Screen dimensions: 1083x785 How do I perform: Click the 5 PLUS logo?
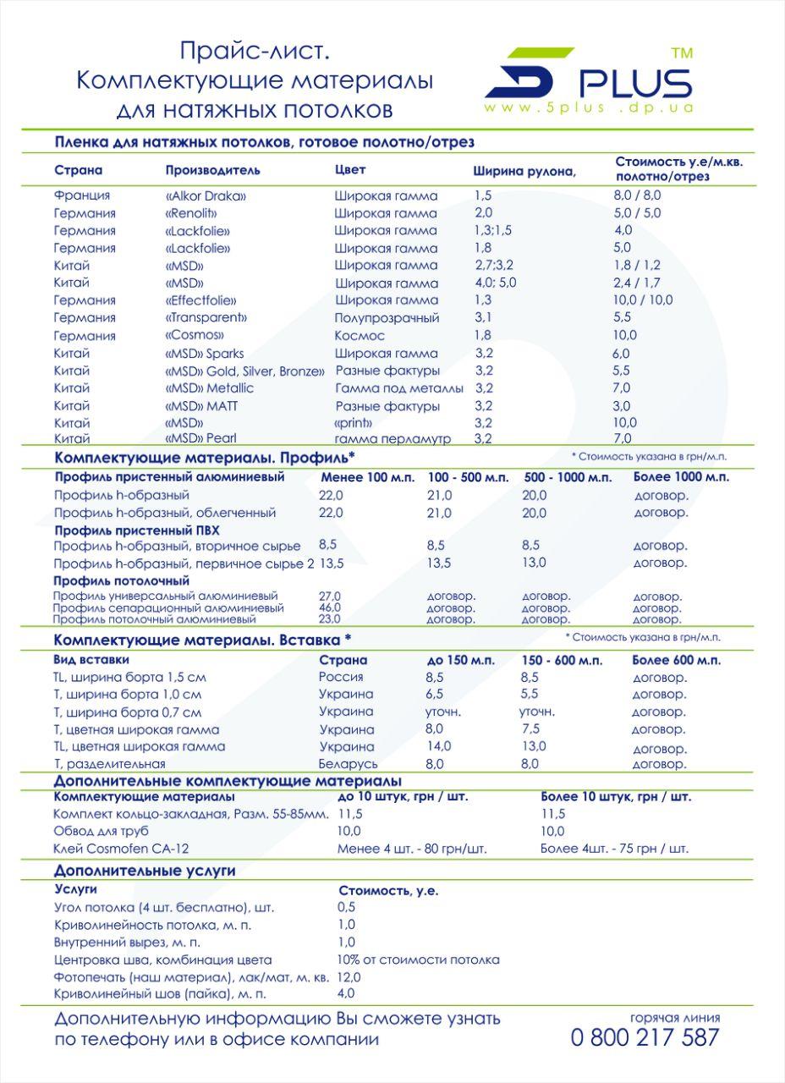(x=588, y=76)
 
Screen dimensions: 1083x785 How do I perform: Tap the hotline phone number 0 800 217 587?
(x=645, y=1038)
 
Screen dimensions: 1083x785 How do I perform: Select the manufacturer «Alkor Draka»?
(x=206, y=195)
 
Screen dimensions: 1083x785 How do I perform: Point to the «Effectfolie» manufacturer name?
(x=201, y=300)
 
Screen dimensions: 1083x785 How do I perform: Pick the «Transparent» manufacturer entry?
(x=206, y=318)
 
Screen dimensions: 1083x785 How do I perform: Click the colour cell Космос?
(x=360, y=336)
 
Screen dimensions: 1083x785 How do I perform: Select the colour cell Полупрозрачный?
(x=387, y=318)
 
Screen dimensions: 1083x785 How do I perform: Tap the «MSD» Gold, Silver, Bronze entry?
(x=244, y=371)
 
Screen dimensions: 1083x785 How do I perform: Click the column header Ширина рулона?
(x=524, y=171)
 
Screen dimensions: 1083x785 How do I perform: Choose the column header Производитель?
(x=212, y=170)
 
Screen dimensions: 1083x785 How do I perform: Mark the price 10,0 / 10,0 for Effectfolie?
(x=644, y=300)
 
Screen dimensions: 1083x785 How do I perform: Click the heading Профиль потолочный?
(x=122, y=581)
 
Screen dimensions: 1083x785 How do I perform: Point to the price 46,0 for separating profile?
(x=330, y=607)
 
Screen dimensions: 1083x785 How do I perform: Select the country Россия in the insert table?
(x=341, y=677)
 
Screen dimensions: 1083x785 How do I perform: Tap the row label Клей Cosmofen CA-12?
(x=121, y=848)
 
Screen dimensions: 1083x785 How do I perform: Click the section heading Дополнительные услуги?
(x=145, y=870)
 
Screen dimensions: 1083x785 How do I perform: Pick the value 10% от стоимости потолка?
(x=418, y=959)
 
